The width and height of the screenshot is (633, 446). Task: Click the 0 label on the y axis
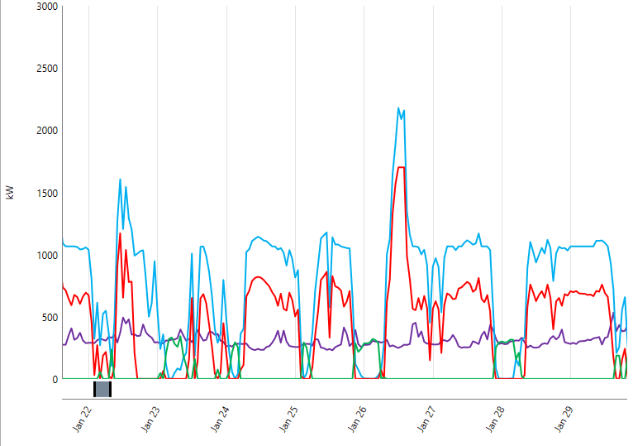pyautogui.click(x=55, y=379)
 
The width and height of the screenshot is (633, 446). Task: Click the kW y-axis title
pyautogui.click(x=11, y=193)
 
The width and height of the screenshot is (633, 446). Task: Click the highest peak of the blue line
pyautogui.click(x=398, y=108)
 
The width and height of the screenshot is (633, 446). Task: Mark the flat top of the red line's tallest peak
pyautogui.click(x=402, y=167)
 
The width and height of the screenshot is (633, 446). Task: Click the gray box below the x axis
pyautogui.click(x=102, y=389)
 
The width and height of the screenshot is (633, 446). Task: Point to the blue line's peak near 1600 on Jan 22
pyautogui.click(x=120, y=180)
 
